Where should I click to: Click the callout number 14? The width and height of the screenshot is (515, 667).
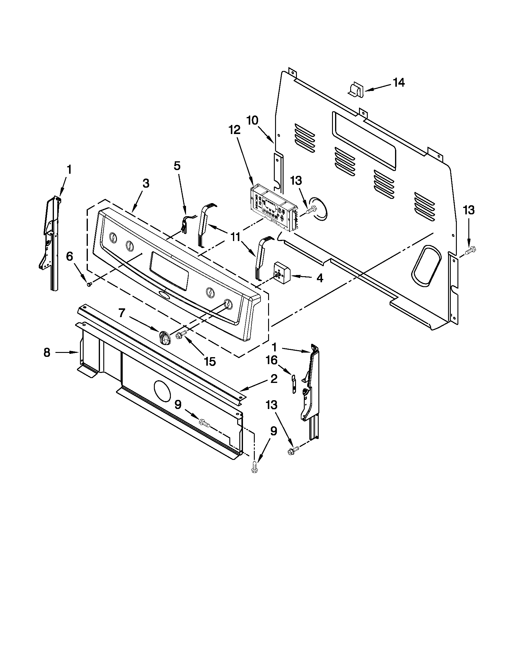tap(398, 82)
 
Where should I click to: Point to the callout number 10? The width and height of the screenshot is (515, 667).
tap(252, 120)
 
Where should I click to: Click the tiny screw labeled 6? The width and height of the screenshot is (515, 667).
tap(89, 284)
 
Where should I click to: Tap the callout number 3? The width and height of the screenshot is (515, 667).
tap(146, 183)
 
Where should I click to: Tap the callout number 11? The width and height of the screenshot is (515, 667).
tap(235, 237)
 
